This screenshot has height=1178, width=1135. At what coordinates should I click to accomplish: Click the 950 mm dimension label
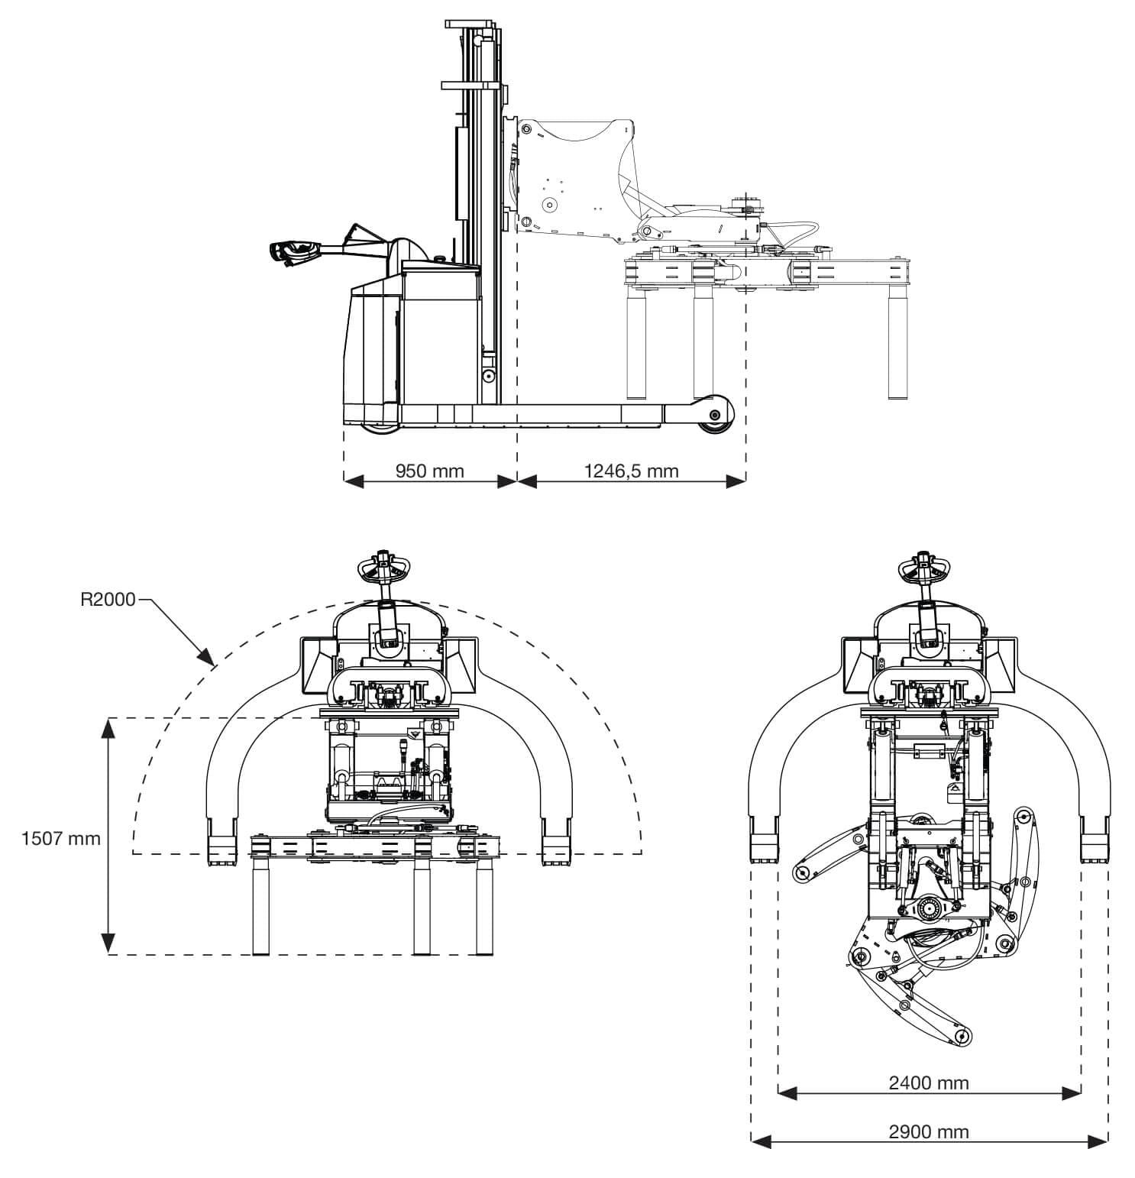429,471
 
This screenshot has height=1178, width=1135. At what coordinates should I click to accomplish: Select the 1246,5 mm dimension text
631,471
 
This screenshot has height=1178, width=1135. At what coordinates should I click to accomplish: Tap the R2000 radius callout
108,600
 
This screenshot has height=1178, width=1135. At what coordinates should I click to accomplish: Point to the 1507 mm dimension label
61,838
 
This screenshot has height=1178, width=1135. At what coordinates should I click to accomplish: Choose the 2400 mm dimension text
929,1083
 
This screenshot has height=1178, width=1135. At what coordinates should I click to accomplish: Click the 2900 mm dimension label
929,1131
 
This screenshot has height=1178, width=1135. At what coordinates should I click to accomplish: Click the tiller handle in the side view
295,251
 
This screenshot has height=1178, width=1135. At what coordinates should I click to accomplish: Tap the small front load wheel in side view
714,415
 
